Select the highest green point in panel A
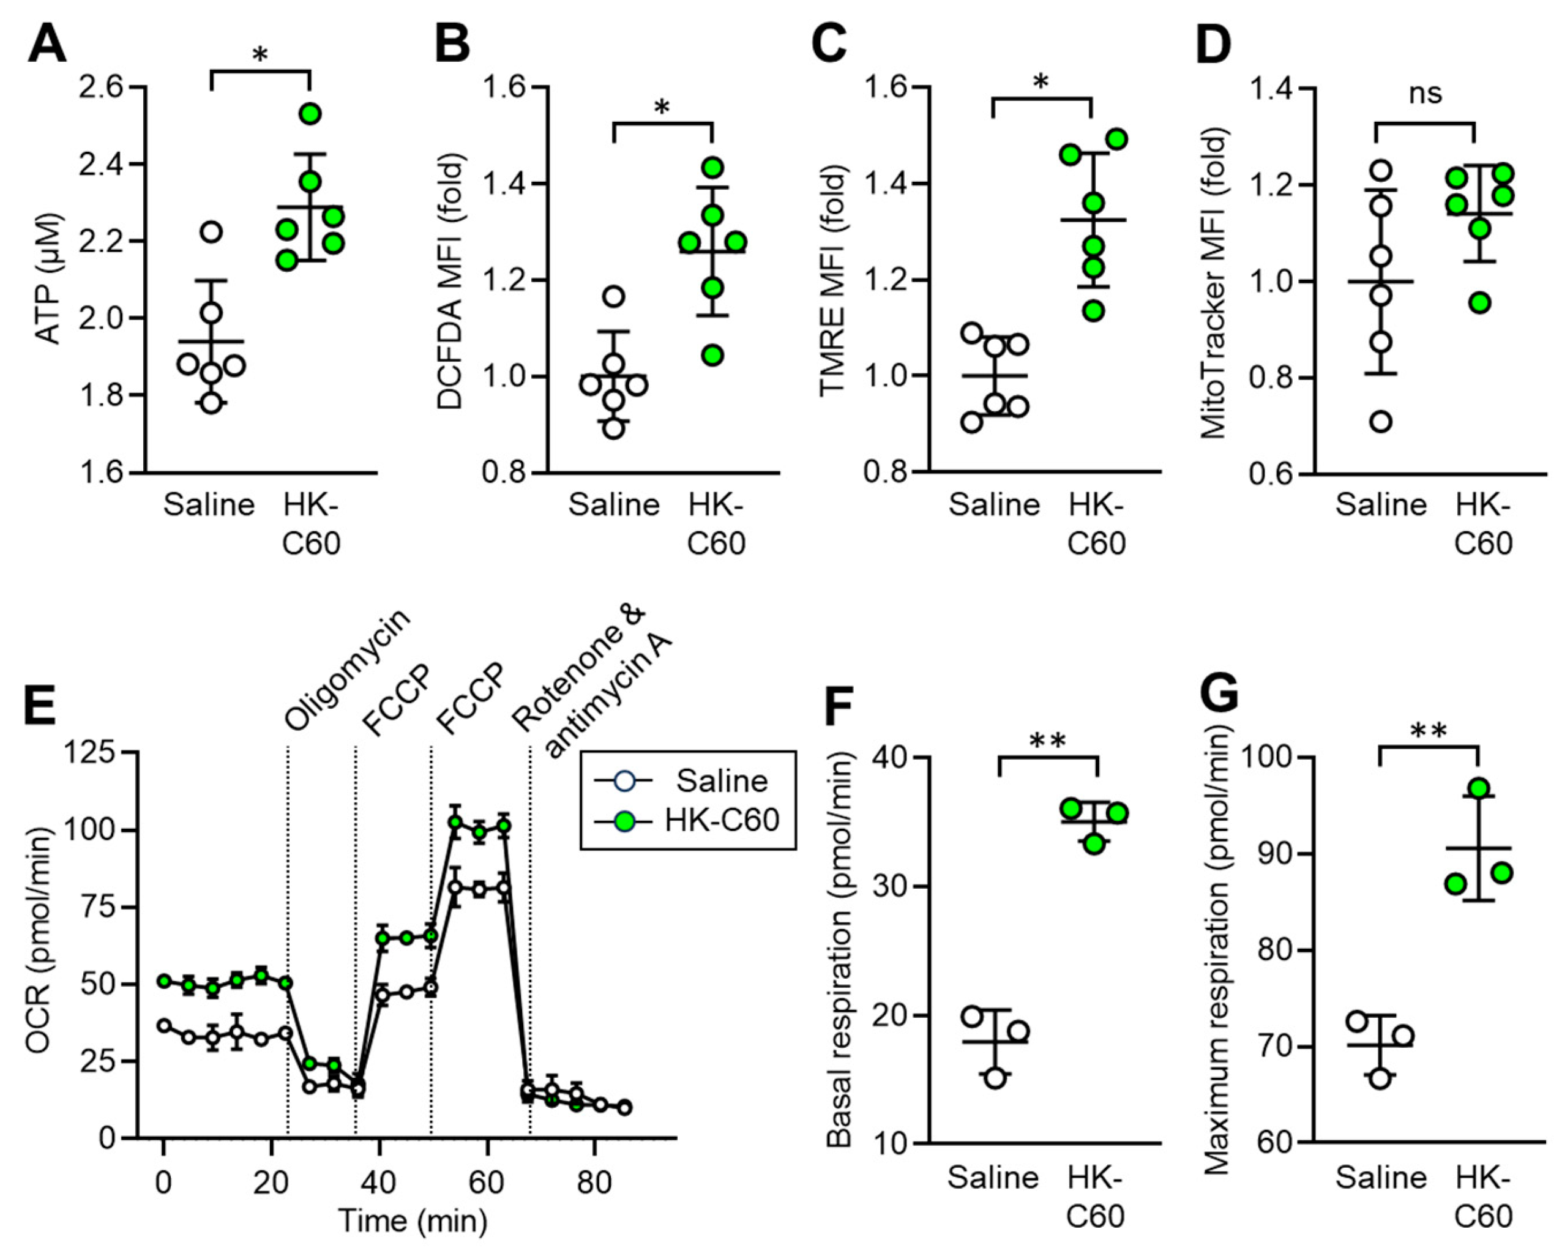coord(310,114)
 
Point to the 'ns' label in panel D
coord(1425,94)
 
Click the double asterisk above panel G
coord(1429,732)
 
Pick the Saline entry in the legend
coord(721,781)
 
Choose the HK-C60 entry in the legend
coord(722,821)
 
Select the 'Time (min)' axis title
coord(413,1221)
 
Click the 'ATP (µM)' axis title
coord(48,279)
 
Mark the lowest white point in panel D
coord(1381,422)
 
